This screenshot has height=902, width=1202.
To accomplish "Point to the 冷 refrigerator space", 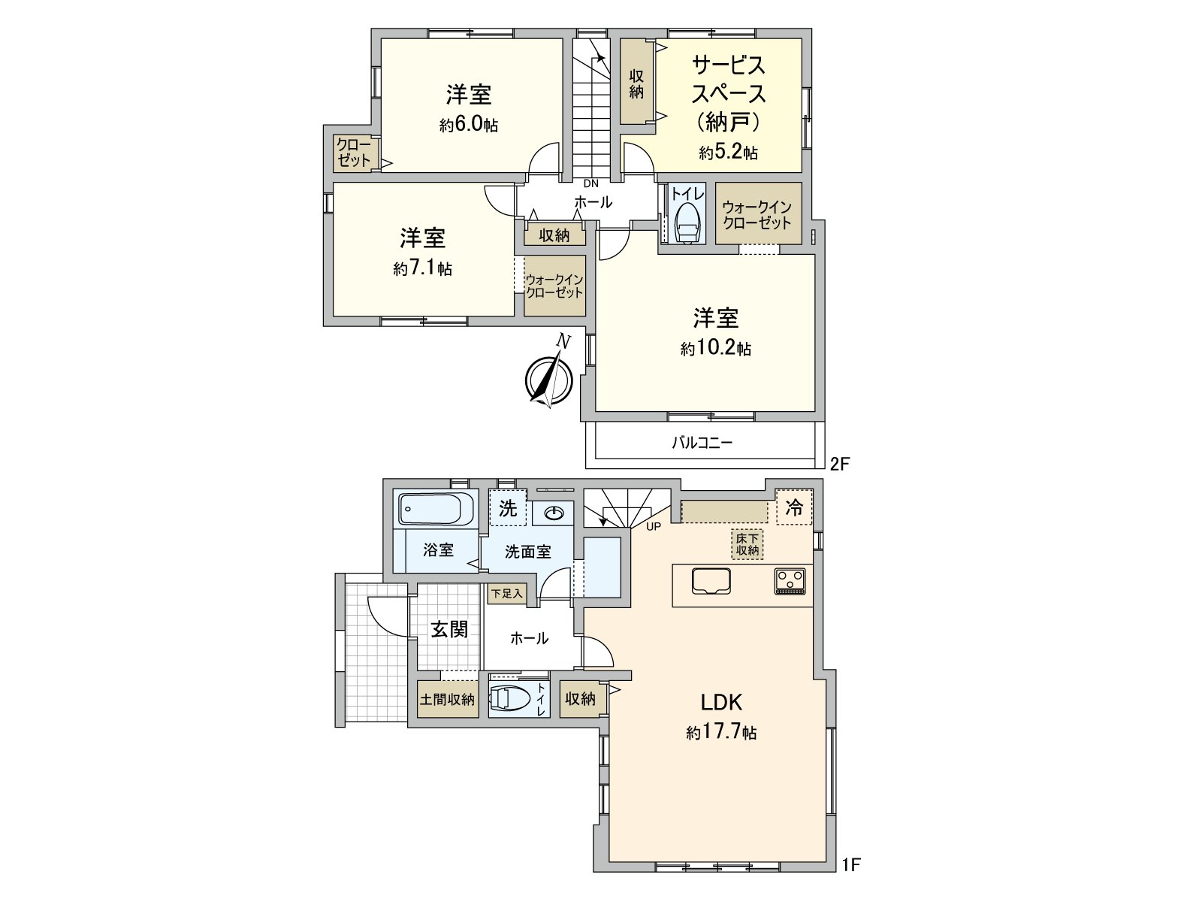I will (x=794, y=509).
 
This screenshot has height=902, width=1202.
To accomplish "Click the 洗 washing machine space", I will (x=508, y=509).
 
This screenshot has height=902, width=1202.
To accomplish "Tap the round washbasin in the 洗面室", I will (x=554, y=513).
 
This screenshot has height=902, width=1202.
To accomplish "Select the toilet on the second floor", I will (x=687, y=222).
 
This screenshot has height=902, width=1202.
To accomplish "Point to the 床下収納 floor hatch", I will (x=747, y=543).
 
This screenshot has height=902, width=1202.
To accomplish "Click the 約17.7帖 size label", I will (x=721, y=732).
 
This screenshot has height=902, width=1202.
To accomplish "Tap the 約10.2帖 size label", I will (x=716, y=349).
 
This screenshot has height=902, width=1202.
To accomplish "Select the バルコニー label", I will (x=702, y=443).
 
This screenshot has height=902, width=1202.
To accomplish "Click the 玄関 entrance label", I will (x=449, y=629).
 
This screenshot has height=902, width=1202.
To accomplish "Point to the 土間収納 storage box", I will (x=448, y=699).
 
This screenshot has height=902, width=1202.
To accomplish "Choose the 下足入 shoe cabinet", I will (x=506, y=594).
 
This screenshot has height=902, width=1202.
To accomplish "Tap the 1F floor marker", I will (x=850, y=865).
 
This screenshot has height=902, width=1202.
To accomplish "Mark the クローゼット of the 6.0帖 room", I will (x=353, y=153).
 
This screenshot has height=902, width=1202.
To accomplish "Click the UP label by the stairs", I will (x=653, y=526).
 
